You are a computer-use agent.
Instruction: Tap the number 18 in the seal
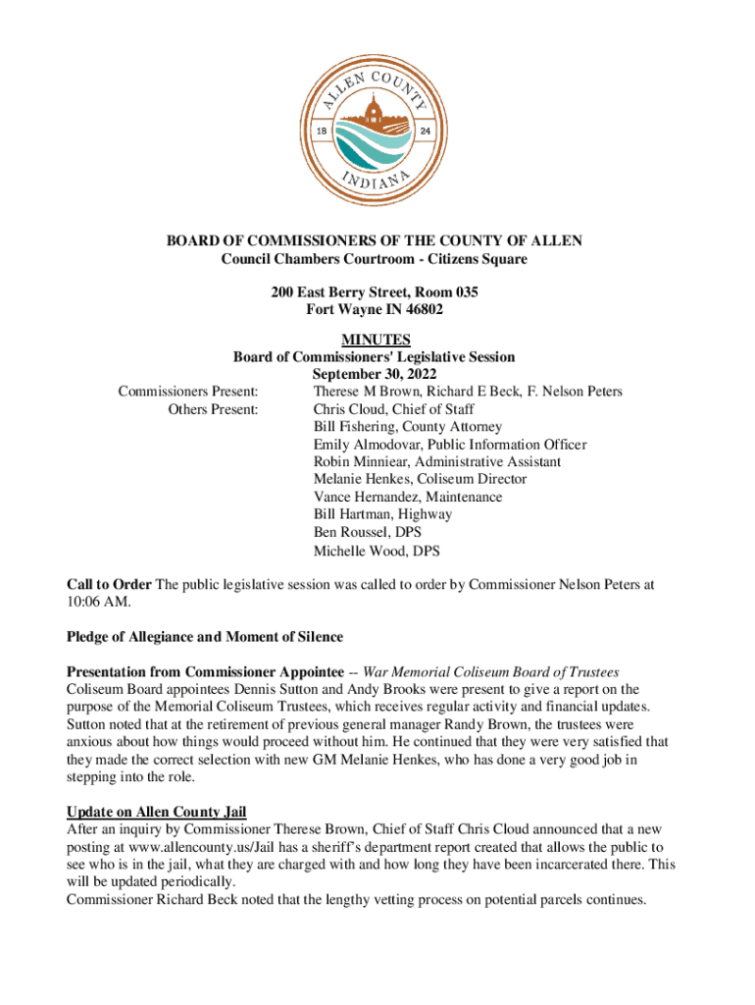[320, 132]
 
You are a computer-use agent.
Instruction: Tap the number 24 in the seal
[426, 132]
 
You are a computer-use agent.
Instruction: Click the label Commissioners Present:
[188, 392]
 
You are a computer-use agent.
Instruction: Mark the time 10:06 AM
[97, 602]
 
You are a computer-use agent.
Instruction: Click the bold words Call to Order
[109, 584]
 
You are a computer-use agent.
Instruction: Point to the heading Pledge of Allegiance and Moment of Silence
[204, 637]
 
